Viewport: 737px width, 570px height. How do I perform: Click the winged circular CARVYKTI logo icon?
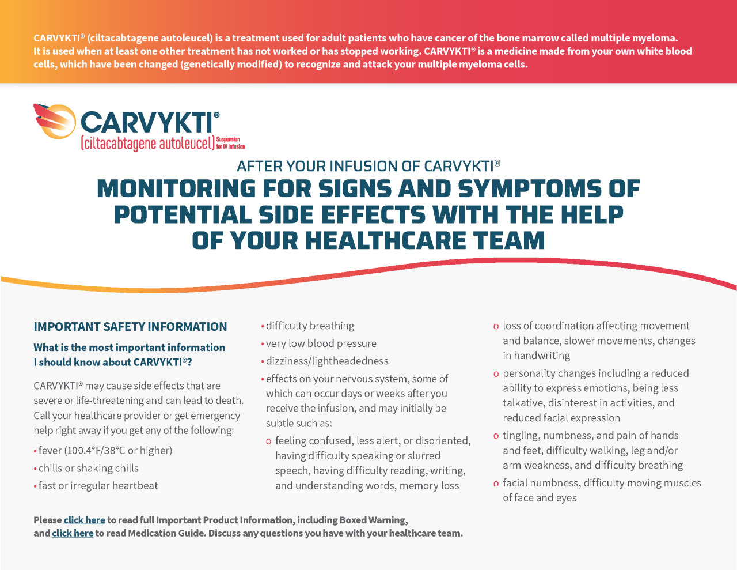pyautogui.click(x=56, y=121)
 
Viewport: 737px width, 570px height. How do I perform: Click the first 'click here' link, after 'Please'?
pyautogui.click(x=84, y=520)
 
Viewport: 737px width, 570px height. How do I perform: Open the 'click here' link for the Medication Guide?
pyautogui.click(x=73, y=533)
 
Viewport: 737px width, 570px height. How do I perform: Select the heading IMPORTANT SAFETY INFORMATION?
pyautogui.click(x=130, y=327)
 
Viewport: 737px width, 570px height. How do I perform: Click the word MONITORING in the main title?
pyautogui.click(x=176, y=189)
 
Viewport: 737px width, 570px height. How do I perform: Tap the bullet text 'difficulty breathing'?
pyautogui.click(x=310, y=326)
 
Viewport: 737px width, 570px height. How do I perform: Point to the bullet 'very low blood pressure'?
pyautogui.click(x=321, y=343)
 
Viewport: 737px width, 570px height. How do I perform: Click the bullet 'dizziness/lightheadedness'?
pyautogui.click(x=327, y=361)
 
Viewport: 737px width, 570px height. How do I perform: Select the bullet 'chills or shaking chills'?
pyautogui.click(x=88, y=468)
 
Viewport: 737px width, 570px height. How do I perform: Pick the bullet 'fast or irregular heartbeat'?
pyautogui.click(x=98, y=485)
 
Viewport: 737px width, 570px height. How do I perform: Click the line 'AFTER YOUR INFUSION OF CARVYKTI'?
pyautogui.click(x=368, y=166)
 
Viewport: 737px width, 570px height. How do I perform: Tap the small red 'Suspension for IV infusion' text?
pyautogui.click(x=230, y=143)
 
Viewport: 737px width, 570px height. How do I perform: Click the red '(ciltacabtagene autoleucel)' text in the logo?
pyautogui.click(x=147, y=143)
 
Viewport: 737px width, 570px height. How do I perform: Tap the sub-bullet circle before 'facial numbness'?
pyautogui.click(x=496, y=484)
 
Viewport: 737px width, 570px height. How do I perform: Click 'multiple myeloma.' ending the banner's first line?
pyautogui.click(x=640, y=38)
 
